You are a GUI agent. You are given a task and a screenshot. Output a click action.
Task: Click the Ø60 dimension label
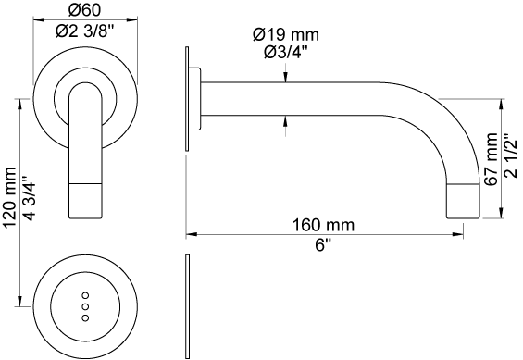click(84, 10)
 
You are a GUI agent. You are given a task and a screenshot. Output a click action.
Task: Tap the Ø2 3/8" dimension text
click(85, 31)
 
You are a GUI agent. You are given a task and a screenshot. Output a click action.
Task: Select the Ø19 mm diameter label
click(286, 34)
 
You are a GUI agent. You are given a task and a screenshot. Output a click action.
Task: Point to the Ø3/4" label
click(286, 52)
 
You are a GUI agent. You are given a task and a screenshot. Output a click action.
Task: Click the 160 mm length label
click(323, 225)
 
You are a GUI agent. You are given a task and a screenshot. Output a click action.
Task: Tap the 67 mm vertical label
click(492, 159)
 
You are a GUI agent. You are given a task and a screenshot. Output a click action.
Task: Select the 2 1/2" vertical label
click(511, 156)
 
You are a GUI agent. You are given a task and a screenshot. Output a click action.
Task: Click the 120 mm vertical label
click(8, 197)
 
